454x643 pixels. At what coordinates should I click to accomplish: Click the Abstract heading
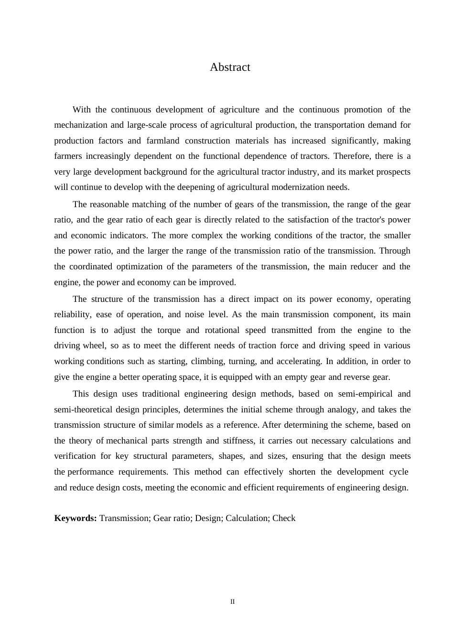pyautogui.click(x=230, y=67)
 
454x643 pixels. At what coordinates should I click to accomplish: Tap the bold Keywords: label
pyautogui.click(x=76, y=518)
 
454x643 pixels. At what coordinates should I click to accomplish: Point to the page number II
pyautogui.click(x=233, y=602)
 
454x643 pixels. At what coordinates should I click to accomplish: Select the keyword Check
pyautogui.click(x=284, y=518)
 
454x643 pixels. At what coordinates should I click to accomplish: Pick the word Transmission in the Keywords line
pyautogui.click(x=124, y=518)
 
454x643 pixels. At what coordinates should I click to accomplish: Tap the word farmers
pyautogui.click(x=68, y=156)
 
